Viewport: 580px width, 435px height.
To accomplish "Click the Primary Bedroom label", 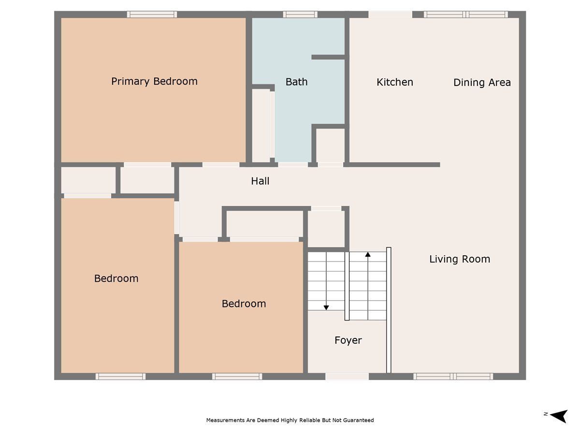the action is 154,81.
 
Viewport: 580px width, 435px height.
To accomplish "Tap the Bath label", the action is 296,82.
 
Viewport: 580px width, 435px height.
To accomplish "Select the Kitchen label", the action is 395,82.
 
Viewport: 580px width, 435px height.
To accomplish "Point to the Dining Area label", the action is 482,82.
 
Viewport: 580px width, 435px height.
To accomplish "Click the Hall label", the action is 260,181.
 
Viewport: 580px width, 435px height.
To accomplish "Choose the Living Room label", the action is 460,259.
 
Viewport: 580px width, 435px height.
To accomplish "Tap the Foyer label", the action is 348,340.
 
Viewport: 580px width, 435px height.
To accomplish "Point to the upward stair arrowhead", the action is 368,254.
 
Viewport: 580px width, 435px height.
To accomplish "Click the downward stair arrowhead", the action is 326,308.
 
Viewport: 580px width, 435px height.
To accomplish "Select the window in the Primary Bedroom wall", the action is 152,14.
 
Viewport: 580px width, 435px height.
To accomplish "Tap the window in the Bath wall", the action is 300,14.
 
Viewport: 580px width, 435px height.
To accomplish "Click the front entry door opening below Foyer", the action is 347,377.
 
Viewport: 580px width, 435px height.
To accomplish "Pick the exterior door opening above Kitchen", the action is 390,14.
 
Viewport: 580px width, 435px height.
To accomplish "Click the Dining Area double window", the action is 466,14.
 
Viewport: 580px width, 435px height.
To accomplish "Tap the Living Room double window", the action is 453,377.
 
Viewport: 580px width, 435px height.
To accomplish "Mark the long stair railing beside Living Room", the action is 389,310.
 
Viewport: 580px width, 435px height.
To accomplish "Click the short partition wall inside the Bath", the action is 329,57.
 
